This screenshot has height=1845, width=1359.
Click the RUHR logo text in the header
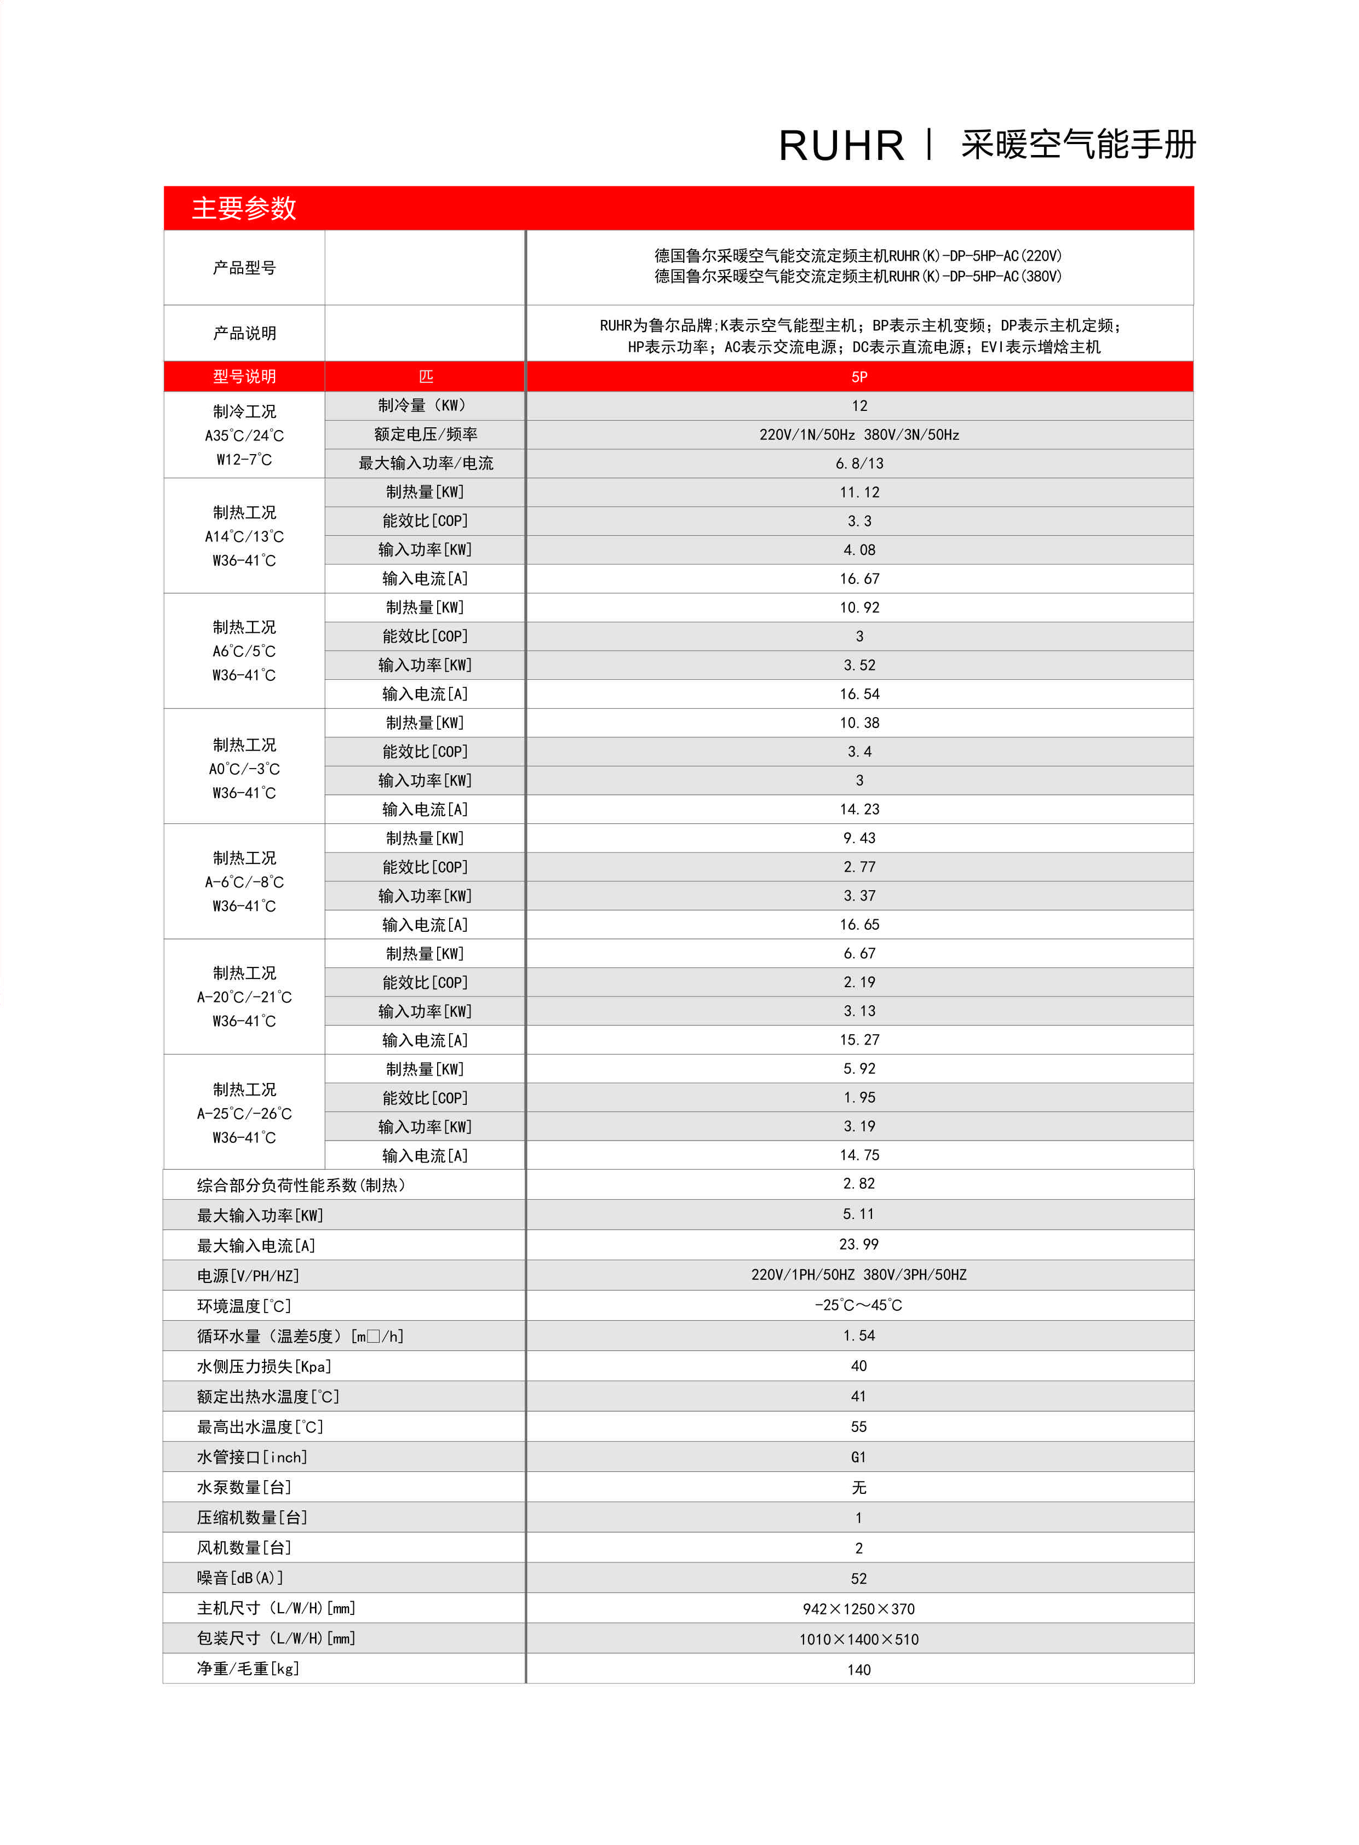pos(841,146)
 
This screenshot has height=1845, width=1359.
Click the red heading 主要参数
pos(244,208)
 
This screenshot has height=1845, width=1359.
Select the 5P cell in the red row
pos(859,377)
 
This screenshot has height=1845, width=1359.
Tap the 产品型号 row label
pos(244,267)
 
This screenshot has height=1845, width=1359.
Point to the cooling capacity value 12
pos(859,405)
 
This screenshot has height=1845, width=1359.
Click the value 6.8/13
pos(859,463)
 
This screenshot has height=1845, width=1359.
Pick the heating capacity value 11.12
pos(859,492)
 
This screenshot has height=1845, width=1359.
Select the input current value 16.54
pos(859,694)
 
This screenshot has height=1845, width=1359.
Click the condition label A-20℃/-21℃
pos(244,997)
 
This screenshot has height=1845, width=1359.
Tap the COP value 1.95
pos(859,1097)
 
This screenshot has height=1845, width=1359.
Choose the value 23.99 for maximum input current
pos(859,1244)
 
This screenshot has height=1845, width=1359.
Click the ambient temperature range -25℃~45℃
pos(859,1304)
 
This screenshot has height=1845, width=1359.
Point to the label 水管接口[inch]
pos(252,1457)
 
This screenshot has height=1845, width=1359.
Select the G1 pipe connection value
pos(859,1457)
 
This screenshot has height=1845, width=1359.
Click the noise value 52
pos(859,1578)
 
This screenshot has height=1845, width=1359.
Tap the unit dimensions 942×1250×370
pos(859,1608)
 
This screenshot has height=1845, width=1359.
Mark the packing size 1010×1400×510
pos(859,1638)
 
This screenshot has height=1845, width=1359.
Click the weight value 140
pos(859,1669)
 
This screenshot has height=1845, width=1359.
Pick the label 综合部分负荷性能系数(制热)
pos(301,1184)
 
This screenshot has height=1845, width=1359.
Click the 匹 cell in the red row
pos(425,377)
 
